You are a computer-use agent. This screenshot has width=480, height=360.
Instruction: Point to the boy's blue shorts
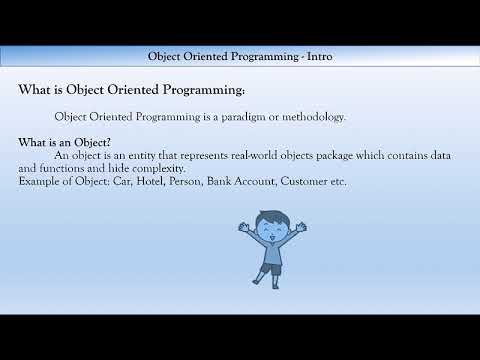point(270,268)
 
